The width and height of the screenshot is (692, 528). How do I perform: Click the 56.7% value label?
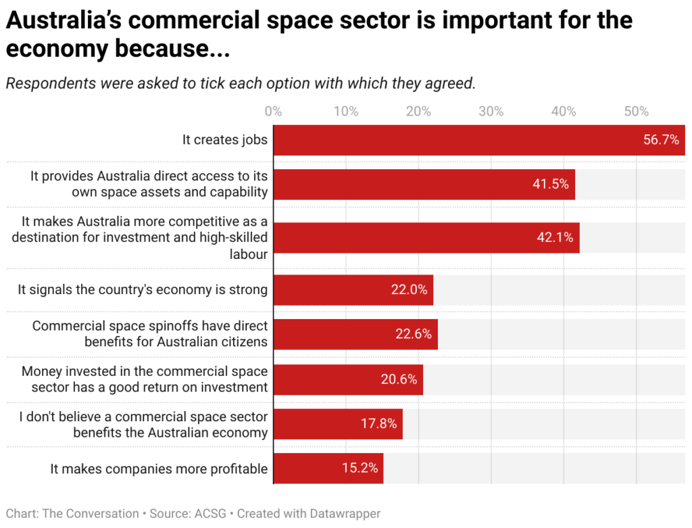click(661, 140)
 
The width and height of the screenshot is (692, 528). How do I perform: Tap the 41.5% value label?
click(551, 184)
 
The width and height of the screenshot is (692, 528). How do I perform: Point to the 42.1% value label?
click(555, 237)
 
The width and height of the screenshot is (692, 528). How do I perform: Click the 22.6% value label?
click(414, 334)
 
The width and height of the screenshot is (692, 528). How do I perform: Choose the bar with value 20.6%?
click(348, 379)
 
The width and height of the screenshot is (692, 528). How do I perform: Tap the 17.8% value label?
click(378, 424)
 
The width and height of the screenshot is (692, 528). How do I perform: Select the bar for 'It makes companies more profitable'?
click(328, 469)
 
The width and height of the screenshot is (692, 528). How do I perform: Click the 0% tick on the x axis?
click(273, 112)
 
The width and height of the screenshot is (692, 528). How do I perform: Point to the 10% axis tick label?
click(346, 112)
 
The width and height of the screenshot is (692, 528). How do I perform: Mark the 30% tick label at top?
click(491, 112)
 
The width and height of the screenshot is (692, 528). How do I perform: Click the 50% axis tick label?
click(637, 112)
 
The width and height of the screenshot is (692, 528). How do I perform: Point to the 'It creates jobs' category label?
click(225, 140)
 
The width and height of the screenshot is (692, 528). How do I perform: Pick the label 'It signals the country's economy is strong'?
click(143, 290)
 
